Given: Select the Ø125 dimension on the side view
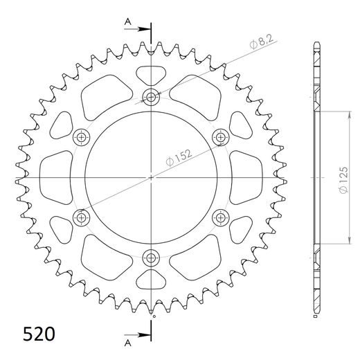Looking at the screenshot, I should click(343, 179).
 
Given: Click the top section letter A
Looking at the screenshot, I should click(128, 24).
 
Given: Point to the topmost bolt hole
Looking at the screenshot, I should click(151, 97).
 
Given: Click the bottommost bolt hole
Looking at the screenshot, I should click(151, 259).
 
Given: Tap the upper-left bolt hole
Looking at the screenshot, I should click(82, 137).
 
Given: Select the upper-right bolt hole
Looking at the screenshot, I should click(221, 137).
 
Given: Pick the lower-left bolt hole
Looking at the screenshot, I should click(82, 219).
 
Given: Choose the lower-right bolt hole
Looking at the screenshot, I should click(221, 219).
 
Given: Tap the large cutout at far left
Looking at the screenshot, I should click(57, 178).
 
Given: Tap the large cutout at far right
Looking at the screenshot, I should click(246, 178).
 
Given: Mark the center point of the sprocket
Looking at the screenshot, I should click(151, 178).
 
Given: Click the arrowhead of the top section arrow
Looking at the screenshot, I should click(148, 29).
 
